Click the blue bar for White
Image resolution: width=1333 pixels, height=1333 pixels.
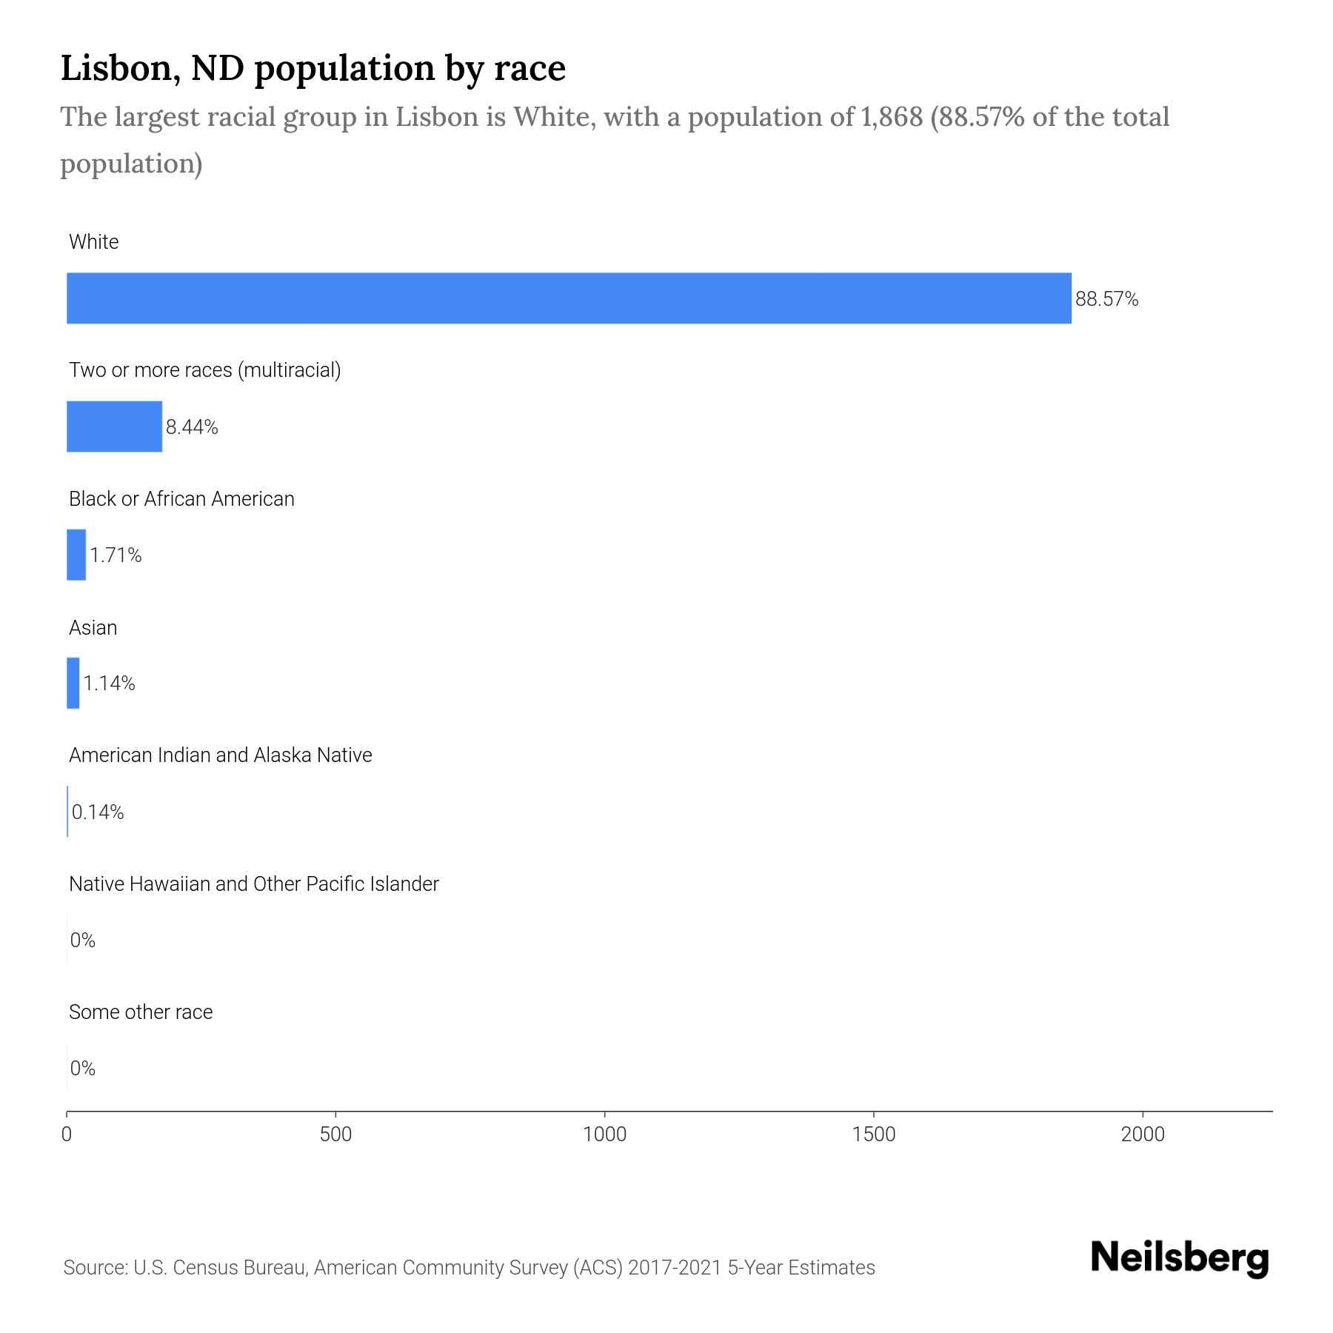click(569, 298)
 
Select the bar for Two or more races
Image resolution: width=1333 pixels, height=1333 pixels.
click(114, 427)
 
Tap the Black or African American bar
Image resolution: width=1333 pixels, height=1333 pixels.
click(76, 555)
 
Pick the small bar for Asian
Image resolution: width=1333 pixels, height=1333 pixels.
click(73, 683)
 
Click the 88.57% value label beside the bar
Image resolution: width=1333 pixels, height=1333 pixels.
click(1106, 299)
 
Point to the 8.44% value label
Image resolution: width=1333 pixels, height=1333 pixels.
click(192, 427)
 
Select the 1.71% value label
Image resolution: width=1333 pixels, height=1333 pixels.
click(116, 555)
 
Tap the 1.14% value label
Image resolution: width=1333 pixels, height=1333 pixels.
click(109, 684)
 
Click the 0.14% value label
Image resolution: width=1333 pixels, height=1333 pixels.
click(98, 812)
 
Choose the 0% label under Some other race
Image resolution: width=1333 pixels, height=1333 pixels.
click(83, 1068)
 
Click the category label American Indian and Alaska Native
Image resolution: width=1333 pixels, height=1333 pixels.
click(220, 755)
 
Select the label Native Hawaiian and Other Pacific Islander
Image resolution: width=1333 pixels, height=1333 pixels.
click(253, 884)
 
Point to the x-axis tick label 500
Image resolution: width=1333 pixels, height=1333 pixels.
click(335, 1135)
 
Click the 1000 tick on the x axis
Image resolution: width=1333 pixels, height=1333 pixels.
click(604, 1135)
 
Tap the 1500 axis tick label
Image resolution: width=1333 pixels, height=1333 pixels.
click(874, 1135)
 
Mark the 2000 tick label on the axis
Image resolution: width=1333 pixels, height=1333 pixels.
click(1143, 1135)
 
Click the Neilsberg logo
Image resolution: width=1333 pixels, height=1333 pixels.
click(1180, 1258)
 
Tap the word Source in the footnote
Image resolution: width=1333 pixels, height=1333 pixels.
click(94, 1268)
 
